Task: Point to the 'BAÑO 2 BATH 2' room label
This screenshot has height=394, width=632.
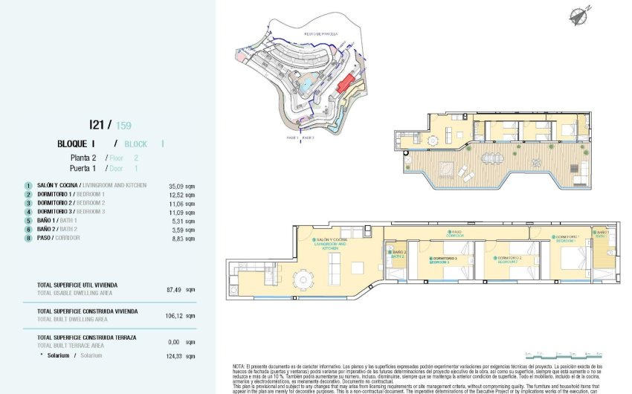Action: click(x=399, y=253)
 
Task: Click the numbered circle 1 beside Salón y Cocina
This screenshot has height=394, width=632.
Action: click(x=27, y=185)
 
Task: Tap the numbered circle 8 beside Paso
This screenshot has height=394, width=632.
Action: click(x=27, y=238)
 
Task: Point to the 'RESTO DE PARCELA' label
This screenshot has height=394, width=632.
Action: click(x=322, y=33)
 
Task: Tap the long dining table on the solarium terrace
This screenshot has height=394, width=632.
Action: click(x=491, y=158)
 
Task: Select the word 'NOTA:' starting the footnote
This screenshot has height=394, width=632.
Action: click(x=239, y=366)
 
